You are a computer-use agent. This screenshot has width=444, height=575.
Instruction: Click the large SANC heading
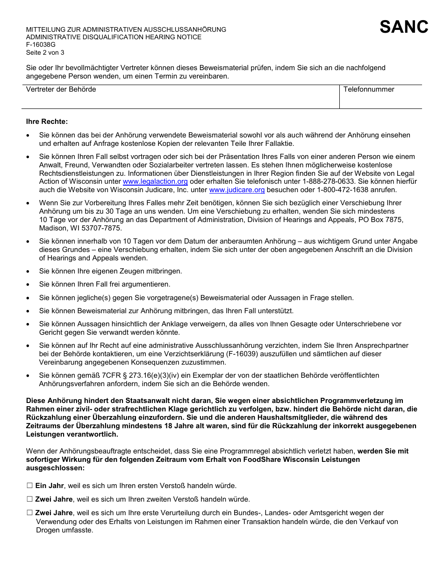pos(404,27)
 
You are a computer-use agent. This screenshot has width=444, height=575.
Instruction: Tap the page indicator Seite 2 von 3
pos(45,52)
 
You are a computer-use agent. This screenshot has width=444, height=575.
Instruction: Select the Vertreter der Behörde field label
pos(61,89)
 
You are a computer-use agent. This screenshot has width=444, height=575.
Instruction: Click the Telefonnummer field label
pos(369,89)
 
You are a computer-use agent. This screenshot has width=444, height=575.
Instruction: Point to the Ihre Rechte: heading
pos(47,122)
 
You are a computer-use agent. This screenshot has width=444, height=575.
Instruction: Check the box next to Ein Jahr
pos(30,486)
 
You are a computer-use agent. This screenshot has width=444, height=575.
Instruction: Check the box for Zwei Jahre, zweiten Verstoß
pos(30,499)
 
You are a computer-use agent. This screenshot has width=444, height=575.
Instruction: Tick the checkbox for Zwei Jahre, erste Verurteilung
pos(30,513)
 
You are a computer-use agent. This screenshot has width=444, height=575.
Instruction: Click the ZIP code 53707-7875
pos(99,228)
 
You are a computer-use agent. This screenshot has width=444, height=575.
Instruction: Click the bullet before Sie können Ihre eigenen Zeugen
pos(29,271)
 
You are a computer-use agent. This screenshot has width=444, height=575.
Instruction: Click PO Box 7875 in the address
pos(381,220)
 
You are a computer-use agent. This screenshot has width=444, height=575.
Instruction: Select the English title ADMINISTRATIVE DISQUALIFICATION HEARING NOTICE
pos(114,37)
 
